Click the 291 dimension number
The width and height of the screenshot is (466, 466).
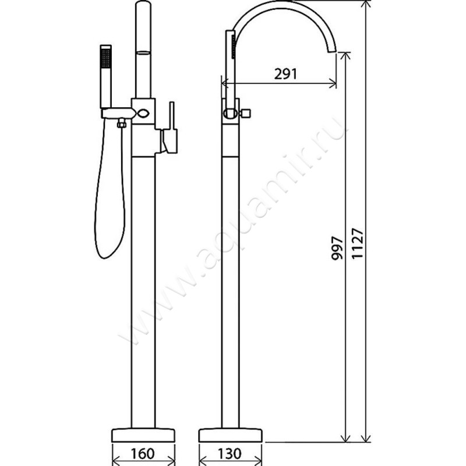285,74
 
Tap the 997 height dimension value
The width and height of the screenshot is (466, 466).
337,249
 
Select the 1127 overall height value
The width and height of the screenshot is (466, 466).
357,243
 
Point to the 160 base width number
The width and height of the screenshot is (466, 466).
143,454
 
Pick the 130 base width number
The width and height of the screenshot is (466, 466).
230,454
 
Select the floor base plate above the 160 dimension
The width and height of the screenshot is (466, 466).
143,435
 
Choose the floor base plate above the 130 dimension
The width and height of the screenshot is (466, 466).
230,435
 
